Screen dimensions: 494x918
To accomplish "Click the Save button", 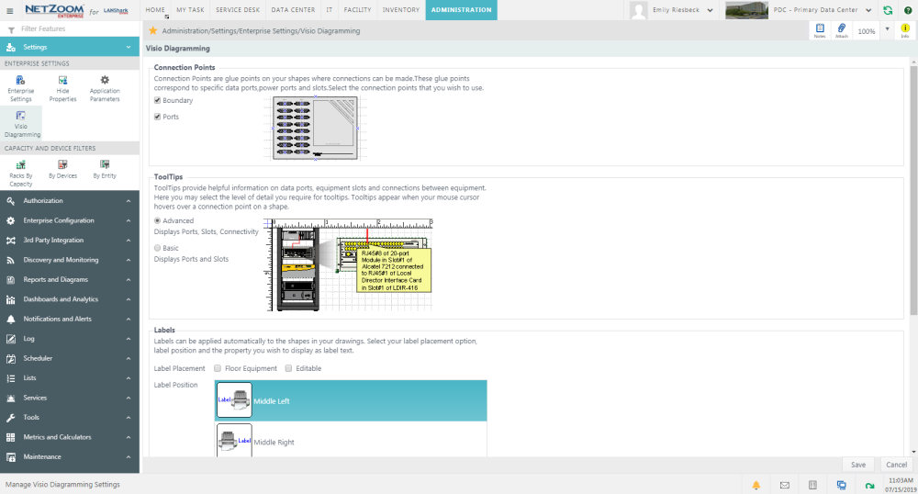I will point(858,465).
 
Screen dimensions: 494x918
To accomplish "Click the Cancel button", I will point(895,465).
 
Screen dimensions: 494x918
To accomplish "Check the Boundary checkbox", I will point(158,100).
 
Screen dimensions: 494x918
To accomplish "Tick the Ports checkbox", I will point(158,117).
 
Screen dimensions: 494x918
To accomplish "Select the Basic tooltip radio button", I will point(158,248).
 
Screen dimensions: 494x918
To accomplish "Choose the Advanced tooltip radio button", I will point(158,220).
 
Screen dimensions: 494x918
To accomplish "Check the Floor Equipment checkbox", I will point(218,368).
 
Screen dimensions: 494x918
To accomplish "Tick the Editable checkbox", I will point(288,368).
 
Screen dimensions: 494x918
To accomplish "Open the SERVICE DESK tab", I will point(238,10).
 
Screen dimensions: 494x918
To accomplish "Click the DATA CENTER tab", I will point(293,10).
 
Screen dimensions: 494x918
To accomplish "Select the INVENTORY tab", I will point(401,10).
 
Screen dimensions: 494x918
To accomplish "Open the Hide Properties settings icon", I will point(62,88).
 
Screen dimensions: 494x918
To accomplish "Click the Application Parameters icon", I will point(105,88).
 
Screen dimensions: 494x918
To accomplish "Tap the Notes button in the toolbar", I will point(820,30).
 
